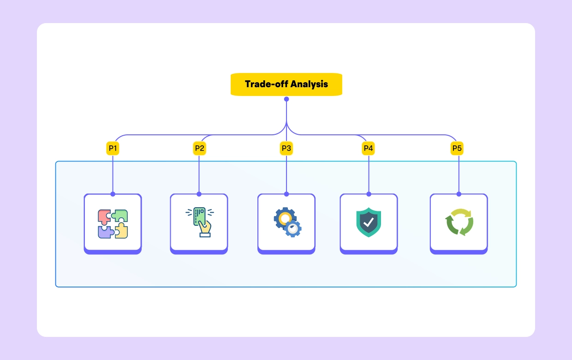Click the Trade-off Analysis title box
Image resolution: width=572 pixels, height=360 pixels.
pyautogui.click(x=286, y=84)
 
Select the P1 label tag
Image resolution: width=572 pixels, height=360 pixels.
pyautogui.click(x=113, y=148)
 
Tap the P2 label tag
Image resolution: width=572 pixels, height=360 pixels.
pyautogui.click(x=199, y=148)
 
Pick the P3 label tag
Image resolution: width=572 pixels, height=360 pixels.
pyautogui.click(x=286, y=148)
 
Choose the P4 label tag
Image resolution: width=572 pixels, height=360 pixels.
pyautogui.click(x=368, y=148)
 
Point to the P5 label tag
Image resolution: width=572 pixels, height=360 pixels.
pyautogui.click(x=457, y=148)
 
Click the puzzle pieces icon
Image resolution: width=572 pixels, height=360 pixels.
pyautogui.click(x=113, y=224)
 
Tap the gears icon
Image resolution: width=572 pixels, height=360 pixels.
pyautogui.click(x=287, y=222)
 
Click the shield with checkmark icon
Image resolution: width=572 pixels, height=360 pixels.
pyautogui.click(x=369, y=222)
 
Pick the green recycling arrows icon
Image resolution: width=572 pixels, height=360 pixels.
pyautogui.click(x=459, y=222)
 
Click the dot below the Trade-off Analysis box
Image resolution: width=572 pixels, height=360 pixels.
pyautogui.click(x=286, y=99)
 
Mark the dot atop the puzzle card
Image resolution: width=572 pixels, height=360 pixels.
pyautogui.click(x=113, y=194)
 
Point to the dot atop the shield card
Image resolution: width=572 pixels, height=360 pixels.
pyautogui.click(x=369, y=194)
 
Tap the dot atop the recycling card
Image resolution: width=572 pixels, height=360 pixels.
pyautogui.click(x=459, y=194)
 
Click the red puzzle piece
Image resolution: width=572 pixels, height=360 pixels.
pyautogui.click(x=104, y=216)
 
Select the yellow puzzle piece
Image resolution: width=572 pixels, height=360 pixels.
pyautogui.click(x=121, y=231)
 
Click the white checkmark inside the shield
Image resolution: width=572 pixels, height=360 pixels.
pyautogui.click(x=369, y=222)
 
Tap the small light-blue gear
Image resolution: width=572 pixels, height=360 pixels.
pyautogui.click(x=293, y=228)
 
